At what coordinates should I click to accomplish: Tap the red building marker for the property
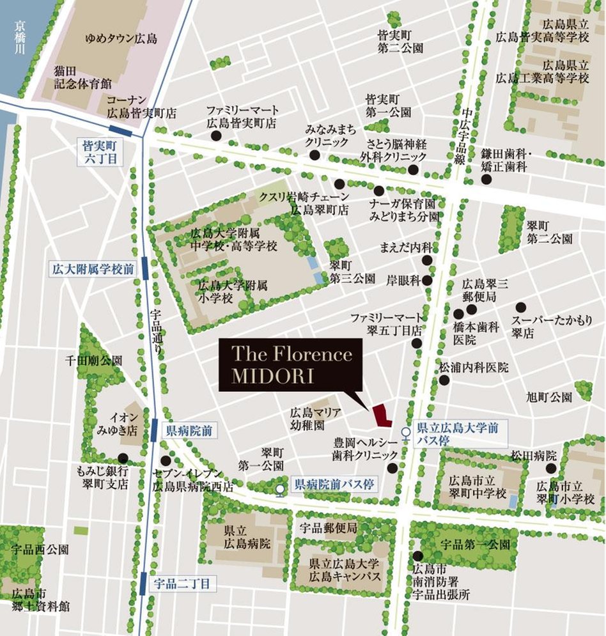click(382, 416)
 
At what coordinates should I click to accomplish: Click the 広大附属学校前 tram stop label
click(93, 269)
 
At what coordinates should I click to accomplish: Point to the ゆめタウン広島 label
click(121, 39)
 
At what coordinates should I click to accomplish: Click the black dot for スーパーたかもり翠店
click(520, 306)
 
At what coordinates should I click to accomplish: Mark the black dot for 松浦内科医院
click(444, 380)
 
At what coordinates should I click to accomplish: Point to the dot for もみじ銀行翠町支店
click(122, 458)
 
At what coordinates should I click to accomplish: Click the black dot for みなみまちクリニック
click(315, 155)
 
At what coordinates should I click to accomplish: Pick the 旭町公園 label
click(550, 397)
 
